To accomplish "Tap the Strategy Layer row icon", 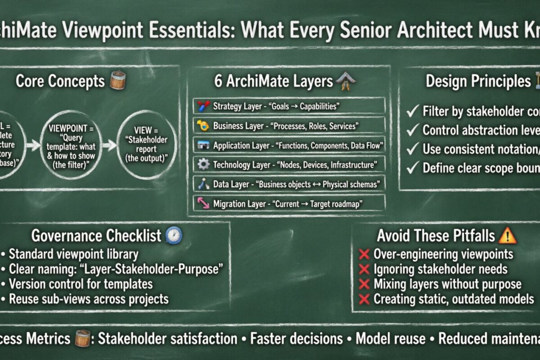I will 203,107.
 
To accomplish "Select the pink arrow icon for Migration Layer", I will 203,203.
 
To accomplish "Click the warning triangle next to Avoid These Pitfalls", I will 508,235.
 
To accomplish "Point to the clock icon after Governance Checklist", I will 174,235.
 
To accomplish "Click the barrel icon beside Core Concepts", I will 118,80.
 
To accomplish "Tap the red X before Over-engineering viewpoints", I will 364,255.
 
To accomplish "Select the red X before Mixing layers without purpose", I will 364,285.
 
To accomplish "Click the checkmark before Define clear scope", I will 413,168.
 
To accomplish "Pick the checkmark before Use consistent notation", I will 413,149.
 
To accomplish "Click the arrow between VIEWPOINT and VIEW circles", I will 109,145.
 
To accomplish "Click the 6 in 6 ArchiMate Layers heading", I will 219,81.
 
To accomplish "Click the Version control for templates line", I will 81,284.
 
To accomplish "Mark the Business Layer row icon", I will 203,126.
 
